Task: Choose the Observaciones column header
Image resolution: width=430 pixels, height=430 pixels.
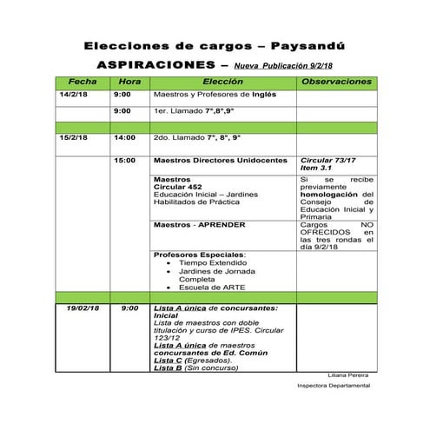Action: coord(335,81)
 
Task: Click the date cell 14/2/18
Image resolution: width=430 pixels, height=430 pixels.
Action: coord(74,94)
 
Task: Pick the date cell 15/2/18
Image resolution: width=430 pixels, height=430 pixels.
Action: coord(74,137)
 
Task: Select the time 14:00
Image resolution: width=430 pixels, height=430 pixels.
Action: coord(124,137)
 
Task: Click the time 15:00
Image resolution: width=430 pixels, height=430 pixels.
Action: coord(124,161)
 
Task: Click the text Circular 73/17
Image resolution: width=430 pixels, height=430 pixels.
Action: coord(327,161)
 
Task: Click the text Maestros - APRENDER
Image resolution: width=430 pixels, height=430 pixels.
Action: coord(199,224)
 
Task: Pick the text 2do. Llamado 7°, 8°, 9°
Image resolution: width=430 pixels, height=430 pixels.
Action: coord(196,137)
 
